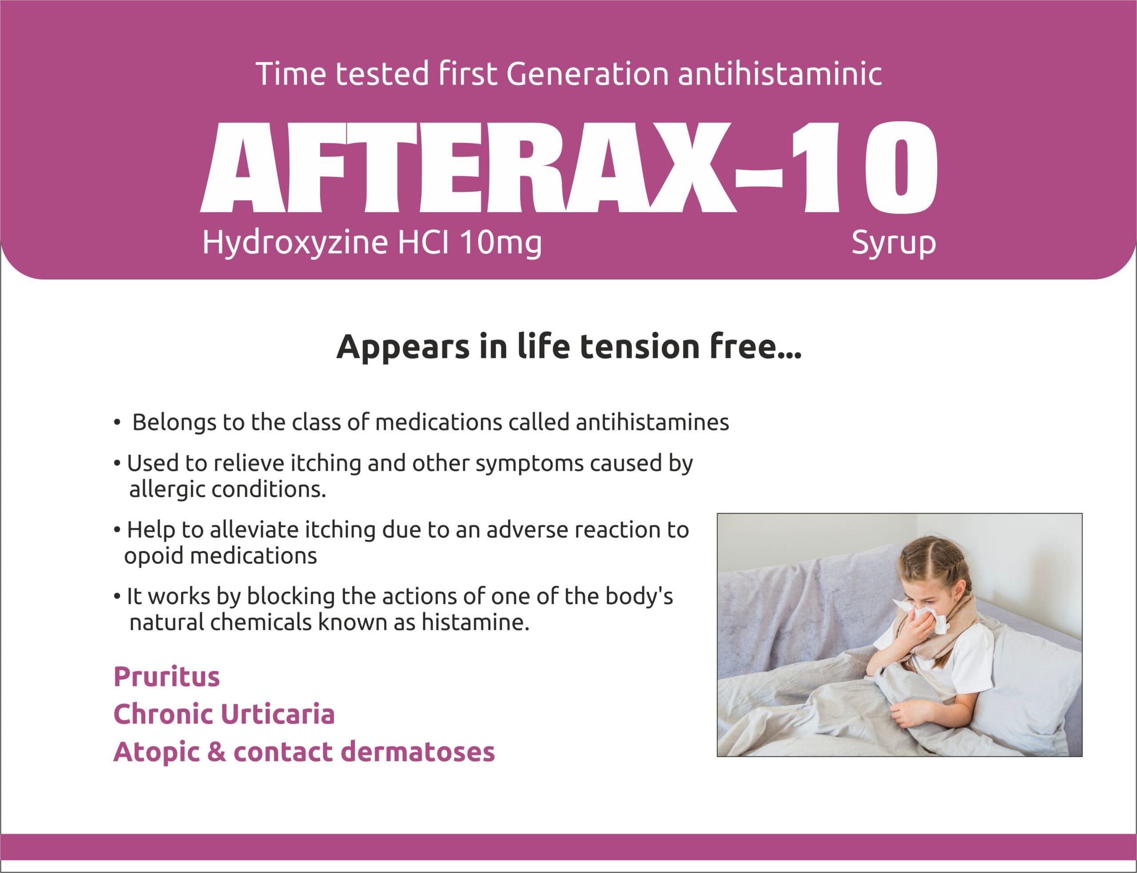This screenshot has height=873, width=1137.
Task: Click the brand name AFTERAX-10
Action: coord(568,168)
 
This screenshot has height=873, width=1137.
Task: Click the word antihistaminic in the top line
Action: coord(780,73)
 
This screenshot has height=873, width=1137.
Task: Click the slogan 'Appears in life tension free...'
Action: coord(569,347)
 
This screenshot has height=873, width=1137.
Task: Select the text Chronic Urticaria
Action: coord(224,714)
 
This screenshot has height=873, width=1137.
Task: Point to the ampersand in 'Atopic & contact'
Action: coord(216,752)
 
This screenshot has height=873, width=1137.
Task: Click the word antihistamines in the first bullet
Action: coord(652,422)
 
